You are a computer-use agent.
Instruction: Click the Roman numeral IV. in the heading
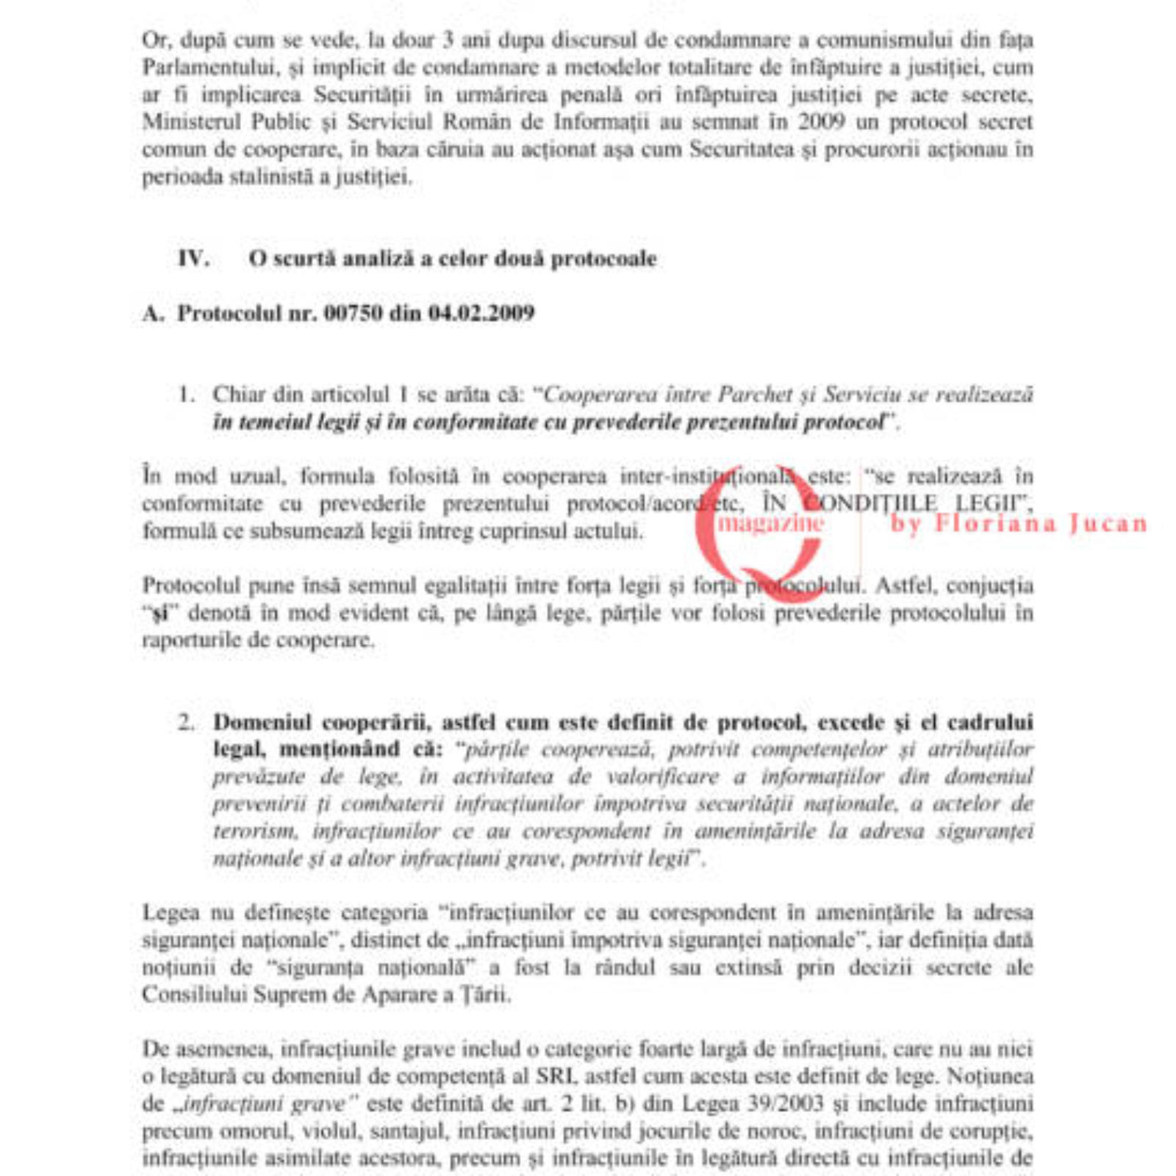tap(193, 259)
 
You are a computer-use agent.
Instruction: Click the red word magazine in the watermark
tap(770, 523)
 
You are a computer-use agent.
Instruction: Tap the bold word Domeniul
tap(262, 723)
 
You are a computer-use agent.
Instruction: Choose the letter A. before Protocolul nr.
tap(152, 313)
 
